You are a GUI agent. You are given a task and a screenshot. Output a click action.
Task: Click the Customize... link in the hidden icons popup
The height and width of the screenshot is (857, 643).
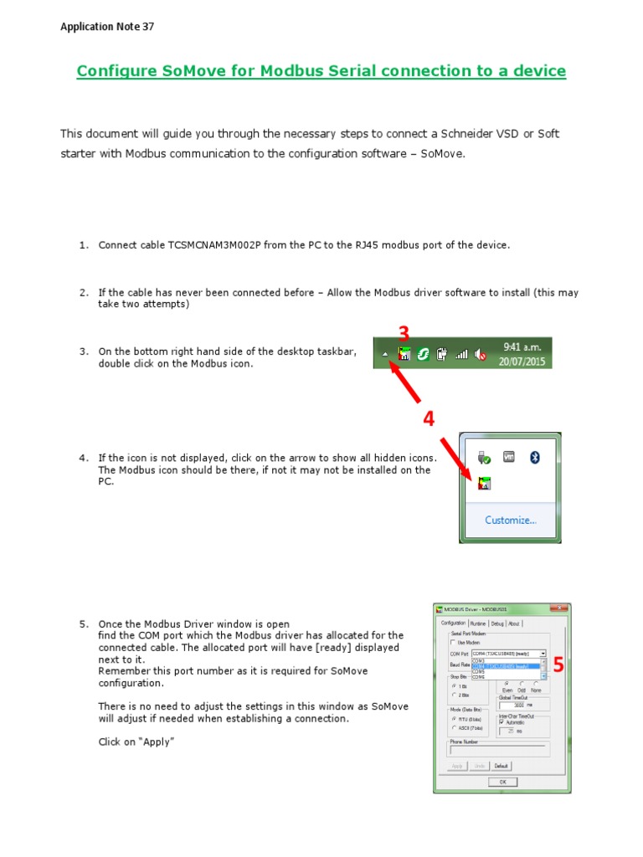pos(510,520)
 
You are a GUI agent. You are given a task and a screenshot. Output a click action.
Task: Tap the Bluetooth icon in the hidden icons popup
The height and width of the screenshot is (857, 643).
pos(539,457)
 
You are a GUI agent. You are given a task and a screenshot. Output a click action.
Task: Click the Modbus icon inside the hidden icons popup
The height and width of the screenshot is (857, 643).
pos(484,483)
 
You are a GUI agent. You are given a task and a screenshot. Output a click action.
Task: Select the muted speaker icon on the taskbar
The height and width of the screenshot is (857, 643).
pos(481,355)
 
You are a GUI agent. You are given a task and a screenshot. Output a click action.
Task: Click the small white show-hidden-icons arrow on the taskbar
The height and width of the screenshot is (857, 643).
pos(385,355)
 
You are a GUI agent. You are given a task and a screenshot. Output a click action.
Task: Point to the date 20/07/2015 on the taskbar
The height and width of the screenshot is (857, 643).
pos(522,362)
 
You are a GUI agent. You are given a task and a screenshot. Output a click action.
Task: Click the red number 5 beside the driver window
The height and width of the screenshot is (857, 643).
pos(558,665)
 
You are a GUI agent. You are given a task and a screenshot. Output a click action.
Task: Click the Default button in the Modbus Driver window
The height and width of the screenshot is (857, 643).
pos(501,766)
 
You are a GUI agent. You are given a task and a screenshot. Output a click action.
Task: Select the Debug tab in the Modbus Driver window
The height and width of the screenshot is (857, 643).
pos(497,624)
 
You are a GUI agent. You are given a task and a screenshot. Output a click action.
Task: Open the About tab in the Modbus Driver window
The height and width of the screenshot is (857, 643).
pos(514,624)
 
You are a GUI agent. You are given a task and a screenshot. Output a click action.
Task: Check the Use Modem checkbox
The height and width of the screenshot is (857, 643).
pos(454,643)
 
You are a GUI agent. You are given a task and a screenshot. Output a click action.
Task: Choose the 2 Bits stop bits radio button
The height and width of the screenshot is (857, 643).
pos(454,695)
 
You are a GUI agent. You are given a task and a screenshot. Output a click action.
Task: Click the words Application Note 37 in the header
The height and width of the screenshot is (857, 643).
pos(107,27)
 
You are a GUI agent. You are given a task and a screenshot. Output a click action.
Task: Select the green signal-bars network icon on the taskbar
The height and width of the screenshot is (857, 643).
pos(461,355)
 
